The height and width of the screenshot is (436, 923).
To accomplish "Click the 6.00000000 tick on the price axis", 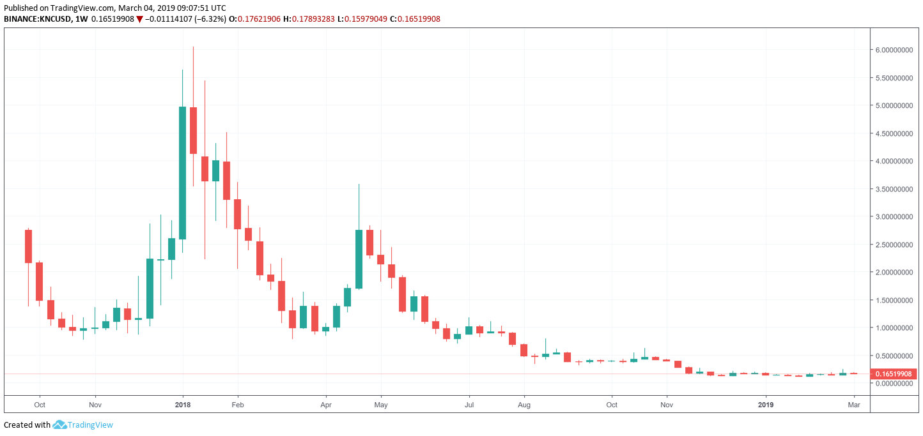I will click(x=893, y=50).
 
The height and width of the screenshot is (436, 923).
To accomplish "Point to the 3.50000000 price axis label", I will click(x=893, y=189).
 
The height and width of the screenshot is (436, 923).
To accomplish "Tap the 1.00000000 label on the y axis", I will click(x=893, y=328).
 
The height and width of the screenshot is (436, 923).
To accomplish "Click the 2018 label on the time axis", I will click(x=183, y=405).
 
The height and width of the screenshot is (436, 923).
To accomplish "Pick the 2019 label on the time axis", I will click(x=765, y=405).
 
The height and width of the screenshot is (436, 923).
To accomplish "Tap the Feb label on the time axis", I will click(x=237, y=405).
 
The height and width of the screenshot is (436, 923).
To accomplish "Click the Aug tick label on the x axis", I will click(x=524, y=405).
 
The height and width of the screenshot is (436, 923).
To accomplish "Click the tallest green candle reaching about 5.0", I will click(x=182, y=172).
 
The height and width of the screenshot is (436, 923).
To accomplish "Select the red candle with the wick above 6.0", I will click(x=193, y=130).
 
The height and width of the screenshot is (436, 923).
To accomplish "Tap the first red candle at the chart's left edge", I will click(x=28, y=246).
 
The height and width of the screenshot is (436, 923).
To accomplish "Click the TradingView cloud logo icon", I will click(x=59, y=425).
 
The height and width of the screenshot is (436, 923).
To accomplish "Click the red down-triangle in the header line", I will click(x=139, y=19).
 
